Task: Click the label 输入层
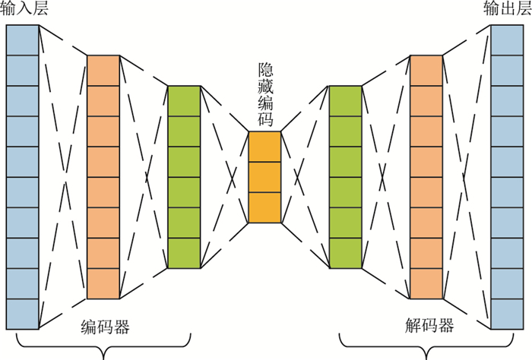[22, 10]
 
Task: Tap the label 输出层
[505, 10]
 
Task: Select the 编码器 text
[105, 327]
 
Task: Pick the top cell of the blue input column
[22, 39]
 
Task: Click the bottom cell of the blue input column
[22, 314]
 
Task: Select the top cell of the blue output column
[507, 39]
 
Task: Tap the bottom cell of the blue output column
[507, 314]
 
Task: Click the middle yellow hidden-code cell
[264, 177]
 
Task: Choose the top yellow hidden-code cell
[264, 147]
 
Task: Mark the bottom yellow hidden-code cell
[264, 207]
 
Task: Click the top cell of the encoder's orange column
[103, 70]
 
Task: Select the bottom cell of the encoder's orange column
[103, 283]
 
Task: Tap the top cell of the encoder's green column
[183, 100]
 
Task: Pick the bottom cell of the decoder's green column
[345, 253]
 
